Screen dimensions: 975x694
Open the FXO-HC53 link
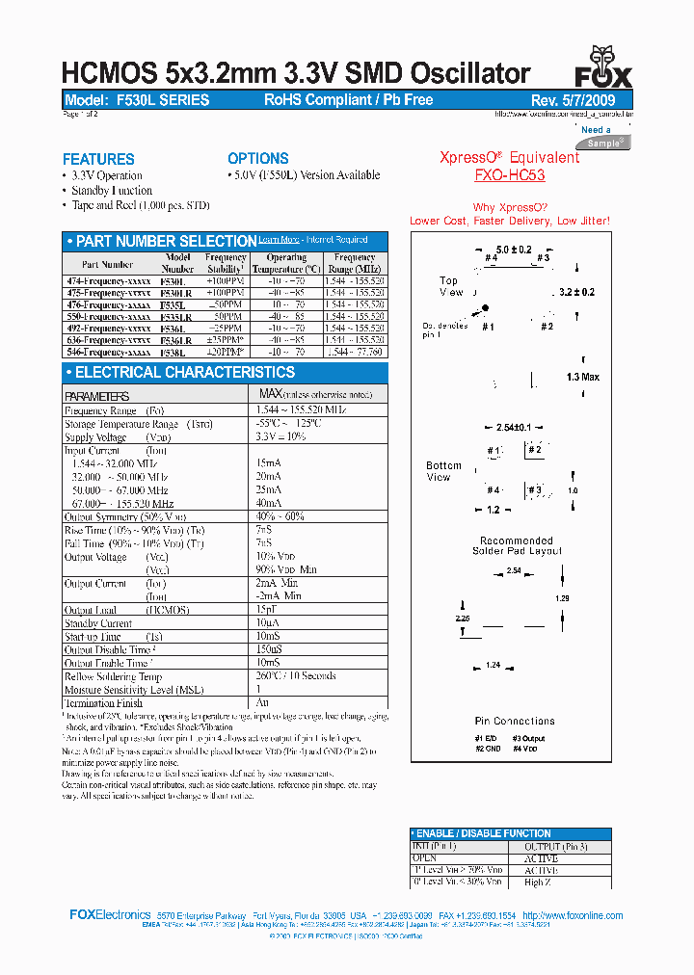[509, 175]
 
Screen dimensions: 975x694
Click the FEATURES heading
[98, 159]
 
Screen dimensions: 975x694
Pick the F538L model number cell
[178, 353]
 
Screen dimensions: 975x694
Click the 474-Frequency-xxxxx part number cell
[106, 278]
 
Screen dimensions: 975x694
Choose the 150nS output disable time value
[271, 649]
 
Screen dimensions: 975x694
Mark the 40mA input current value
[269, 503]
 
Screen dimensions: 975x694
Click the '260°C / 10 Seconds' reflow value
[296, 675]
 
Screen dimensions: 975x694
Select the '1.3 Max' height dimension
[582, 377]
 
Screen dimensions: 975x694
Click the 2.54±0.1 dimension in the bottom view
[514, 427]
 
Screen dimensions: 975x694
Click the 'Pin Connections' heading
[514, 721]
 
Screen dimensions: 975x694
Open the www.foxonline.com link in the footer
[582, 915]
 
